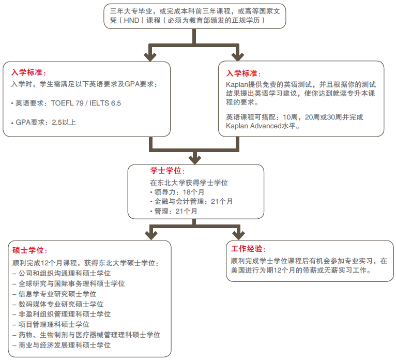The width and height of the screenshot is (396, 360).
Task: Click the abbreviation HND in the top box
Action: point(131,20)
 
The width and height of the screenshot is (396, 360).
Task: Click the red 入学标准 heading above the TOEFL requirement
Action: point(27,72)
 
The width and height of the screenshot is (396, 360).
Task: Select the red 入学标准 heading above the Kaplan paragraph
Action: point(242,73)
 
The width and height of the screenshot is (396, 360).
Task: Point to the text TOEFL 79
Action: point(67,103)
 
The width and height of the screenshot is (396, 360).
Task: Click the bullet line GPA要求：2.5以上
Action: point(43,122)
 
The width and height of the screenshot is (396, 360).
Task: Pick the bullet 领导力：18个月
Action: point(177,192)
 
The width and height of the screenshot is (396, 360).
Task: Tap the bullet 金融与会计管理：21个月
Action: point(191,201)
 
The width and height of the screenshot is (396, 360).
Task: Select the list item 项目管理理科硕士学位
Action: point(51,324)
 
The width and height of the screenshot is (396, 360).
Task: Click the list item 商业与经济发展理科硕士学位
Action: point(62,345)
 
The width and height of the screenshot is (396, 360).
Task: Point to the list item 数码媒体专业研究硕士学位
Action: point(58,304)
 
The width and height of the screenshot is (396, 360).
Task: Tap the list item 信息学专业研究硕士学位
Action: point(55,294)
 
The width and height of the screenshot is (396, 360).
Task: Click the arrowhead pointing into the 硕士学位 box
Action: point(151,235)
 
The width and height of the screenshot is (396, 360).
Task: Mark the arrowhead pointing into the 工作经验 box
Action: point(238,235)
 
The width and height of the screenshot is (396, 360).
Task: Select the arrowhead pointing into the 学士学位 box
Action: point(195,160)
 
